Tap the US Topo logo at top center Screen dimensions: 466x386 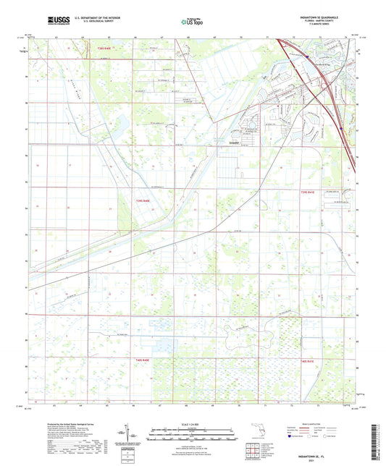pos(190,22)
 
